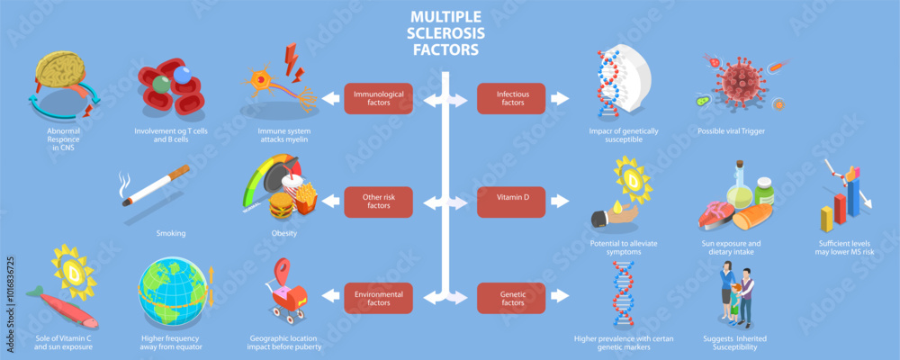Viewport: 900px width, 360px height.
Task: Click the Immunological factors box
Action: pos(379,98)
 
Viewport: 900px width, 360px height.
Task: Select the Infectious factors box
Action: pos(512,98)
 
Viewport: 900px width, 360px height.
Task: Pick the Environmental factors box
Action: pos(379,298)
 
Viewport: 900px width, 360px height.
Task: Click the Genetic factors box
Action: pos(512,298)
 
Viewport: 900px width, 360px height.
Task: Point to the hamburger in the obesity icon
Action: pos(282,205)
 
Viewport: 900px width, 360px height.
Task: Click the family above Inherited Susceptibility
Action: pos(734,296)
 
